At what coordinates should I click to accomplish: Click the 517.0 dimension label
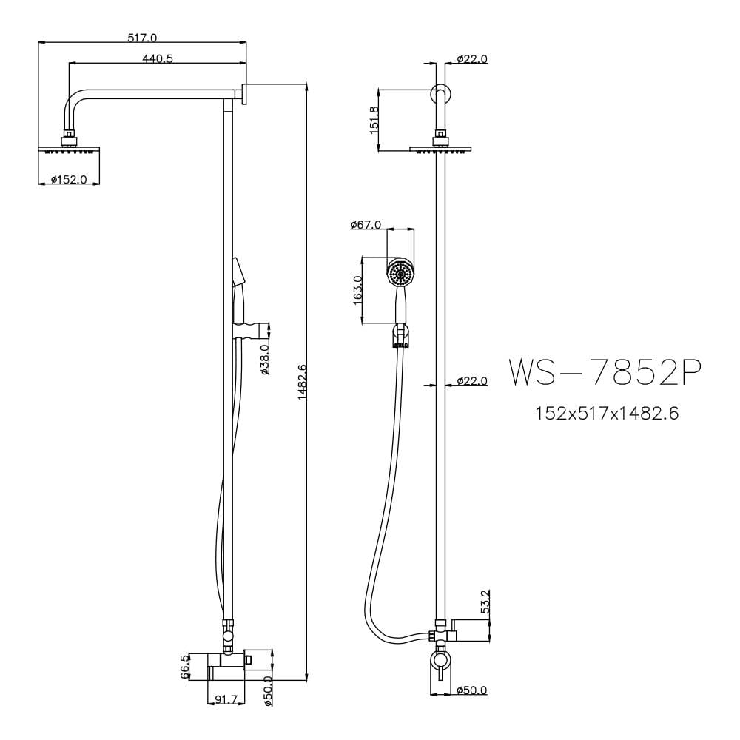(x=142, y=37)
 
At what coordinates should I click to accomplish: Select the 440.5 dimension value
(x=158, y=58)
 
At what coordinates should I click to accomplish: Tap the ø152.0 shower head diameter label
(x=69, y=179)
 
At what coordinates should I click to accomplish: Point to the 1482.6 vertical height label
(x=303, y=382)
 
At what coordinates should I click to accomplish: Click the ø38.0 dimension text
(x=265, y=360)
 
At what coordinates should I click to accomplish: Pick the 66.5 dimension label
(x=184, y=667)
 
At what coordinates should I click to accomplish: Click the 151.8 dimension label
(x=374, y=120)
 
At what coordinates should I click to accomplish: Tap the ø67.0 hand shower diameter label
(x=366, y=225)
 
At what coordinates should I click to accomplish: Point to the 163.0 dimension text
(x=358, y=291)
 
